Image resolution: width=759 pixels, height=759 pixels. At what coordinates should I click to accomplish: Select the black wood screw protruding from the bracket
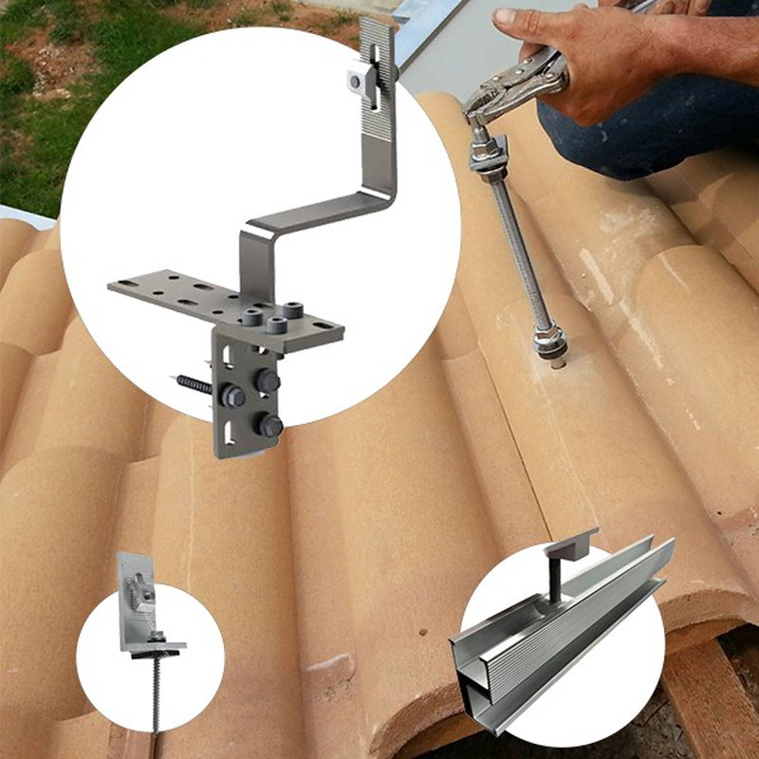[195, 384]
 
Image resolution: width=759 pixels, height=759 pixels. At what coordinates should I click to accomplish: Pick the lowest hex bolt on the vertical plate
[269, 426]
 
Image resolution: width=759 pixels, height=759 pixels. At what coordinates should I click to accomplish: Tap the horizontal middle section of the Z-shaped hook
[313, 213]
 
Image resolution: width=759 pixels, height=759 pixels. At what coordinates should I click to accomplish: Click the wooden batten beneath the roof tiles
[712, 683]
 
